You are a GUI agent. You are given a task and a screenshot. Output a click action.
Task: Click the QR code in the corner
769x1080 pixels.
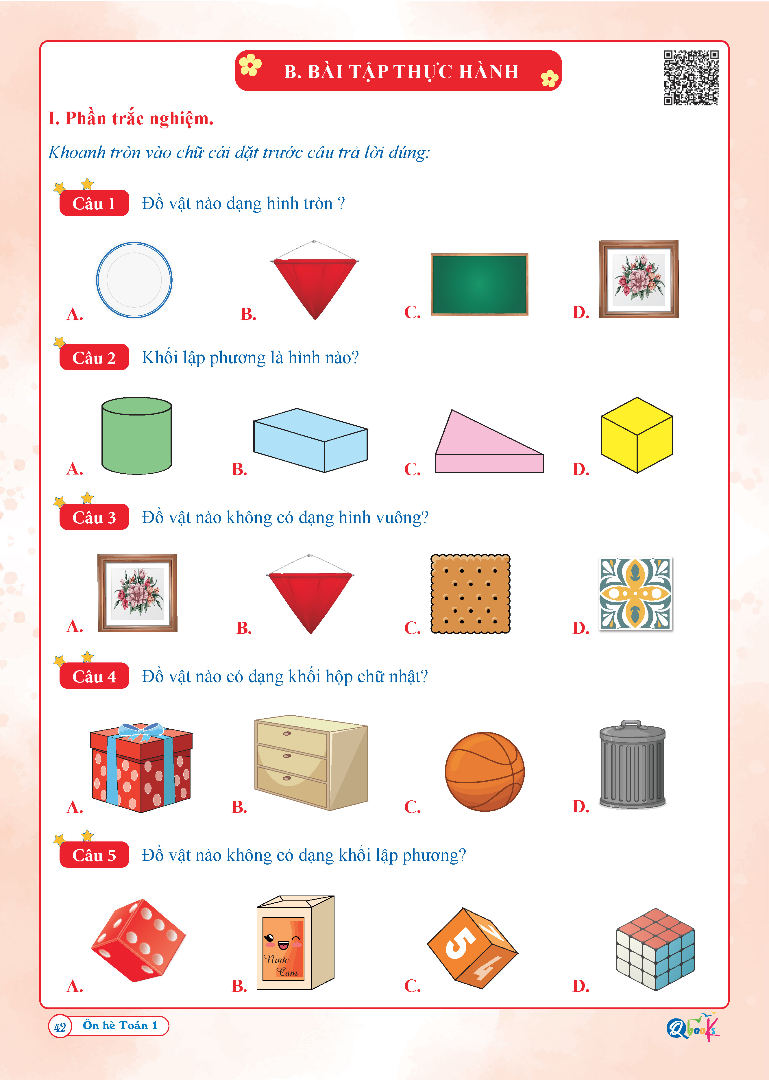(x=691, y=78)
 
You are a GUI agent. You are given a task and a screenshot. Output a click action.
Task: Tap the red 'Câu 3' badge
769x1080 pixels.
(x=94, y=517)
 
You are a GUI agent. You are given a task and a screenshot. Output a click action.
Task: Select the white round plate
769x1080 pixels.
(x=134, y=280)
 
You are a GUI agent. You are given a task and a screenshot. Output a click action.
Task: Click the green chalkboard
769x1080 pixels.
(x=479, y=284)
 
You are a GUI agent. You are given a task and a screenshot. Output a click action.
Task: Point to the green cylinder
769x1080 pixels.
(x=137, y=435)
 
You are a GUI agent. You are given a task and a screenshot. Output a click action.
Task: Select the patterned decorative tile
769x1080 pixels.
(x=635, y=593)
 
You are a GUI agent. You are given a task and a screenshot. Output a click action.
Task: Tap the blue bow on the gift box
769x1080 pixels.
(x=141, y=732)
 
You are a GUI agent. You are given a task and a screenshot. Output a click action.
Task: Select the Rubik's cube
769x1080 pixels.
(x=655, y=949)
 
